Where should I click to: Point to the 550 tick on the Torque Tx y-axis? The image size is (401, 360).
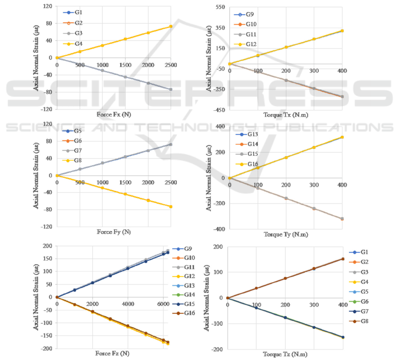tap(220, 8)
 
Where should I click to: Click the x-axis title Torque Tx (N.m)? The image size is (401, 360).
tap(286, 115)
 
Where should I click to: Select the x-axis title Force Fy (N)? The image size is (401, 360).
tap(113, 232)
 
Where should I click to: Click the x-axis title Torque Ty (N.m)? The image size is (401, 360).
tap(286, 234)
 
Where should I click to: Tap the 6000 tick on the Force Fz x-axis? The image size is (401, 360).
tap(163, 304)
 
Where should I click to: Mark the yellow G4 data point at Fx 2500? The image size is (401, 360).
tap(170, 27)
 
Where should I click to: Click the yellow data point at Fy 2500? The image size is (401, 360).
tap(170, 206)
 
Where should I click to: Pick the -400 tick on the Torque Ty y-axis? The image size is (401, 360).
tap(219, 229)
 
